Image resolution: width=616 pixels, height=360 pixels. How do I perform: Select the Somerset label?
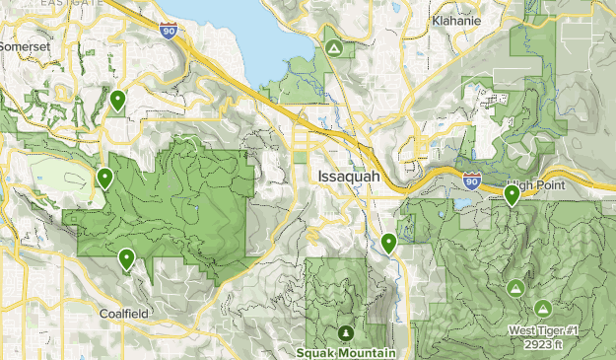click(23, 46)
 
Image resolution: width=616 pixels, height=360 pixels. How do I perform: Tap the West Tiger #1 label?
click(544, 330)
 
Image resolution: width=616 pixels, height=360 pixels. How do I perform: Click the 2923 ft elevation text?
click(544, 343)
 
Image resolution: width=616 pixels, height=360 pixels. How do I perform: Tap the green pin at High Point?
click(512, 194)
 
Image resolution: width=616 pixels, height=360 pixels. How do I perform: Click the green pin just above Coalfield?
click(126, 259)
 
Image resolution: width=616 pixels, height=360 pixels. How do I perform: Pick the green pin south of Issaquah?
click(389, 242)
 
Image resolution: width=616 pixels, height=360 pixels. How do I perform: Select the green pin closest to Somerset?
click(117, 99)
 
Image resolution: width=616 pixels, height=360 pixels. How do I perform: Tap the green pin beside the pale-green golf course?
click(104, 179)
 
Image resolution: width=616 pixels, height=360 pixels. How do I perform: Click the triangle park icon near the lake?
click(333, 46)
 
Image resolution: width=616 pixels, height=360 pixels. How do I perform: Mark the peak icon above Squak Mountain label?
click(345, 332)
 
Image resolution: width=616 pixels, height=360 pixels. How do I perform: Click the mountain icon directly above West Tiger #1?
click(543, 308)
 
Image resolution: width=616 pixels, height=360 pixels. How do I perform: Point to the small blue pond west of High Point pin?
click(461, 206)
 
